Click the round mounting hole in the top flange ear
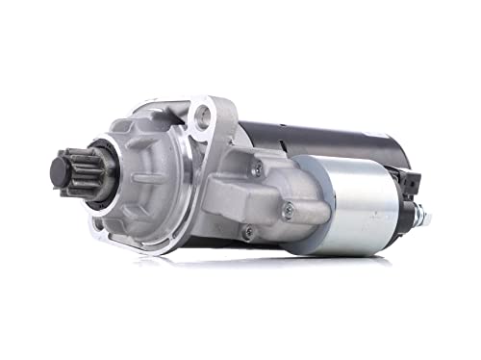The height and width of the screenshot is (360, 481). click(x=202, y=117)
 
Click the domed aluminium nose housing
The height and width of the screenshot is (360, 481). click(x=144, y=178)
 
